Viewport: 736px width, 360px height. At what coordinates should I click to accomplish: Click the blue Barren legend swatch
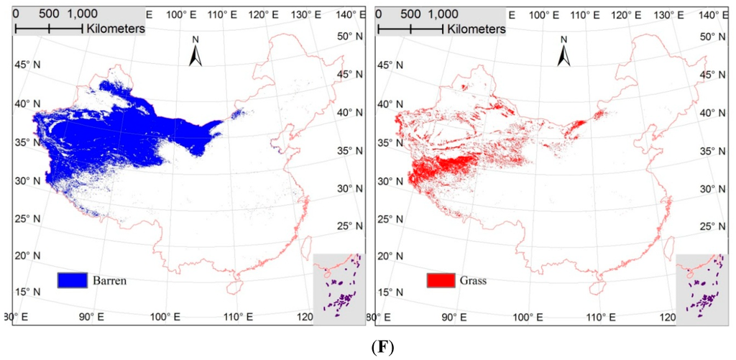tap(73, 280)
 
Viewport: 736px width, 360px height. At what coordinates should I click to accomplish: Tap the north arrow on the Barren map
tap(195, 52)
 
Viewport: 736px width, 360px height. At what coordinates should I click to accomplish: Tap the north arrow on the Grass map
tap(563, 52)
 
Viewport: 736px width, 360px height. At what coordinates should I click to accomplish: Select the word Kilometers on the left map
tap(115, 29)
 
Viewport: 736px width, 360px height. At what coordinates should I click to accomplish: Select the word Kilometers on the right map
tap(477, 29)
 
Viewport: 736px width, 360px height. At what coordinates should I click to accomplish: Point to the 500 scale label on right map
tap(410, 13)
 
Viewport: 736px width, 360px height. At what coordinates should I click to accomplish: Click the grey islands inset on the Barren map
tap(339, 290)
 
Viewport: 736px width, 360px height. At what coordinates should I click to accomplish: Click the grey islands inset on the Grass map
tap(701, 290)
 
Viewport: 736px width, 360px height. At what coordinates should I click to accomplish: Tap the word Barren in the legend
tap(110, 280)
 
